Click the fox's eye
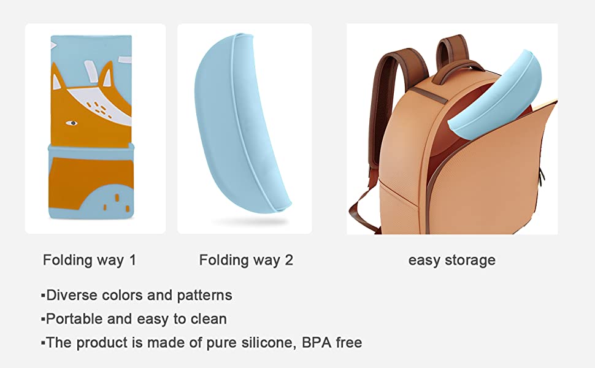[x=71, y=123]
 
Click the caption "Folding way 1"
[x=89, y=260]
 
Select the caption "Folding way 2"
[x=246, y=260]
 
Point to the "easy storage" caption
[x=451, y=260]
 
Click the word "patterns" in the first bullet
[x=204, y=296]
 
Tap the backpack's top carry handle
[x=457, y=70]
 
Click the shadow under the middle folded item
[x=250, y=221]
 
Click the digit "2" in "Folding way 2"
[x=289, y=260]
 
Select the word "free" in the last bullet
[x=349, y=343]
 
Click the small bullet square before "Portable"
[x=43, y=320]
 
